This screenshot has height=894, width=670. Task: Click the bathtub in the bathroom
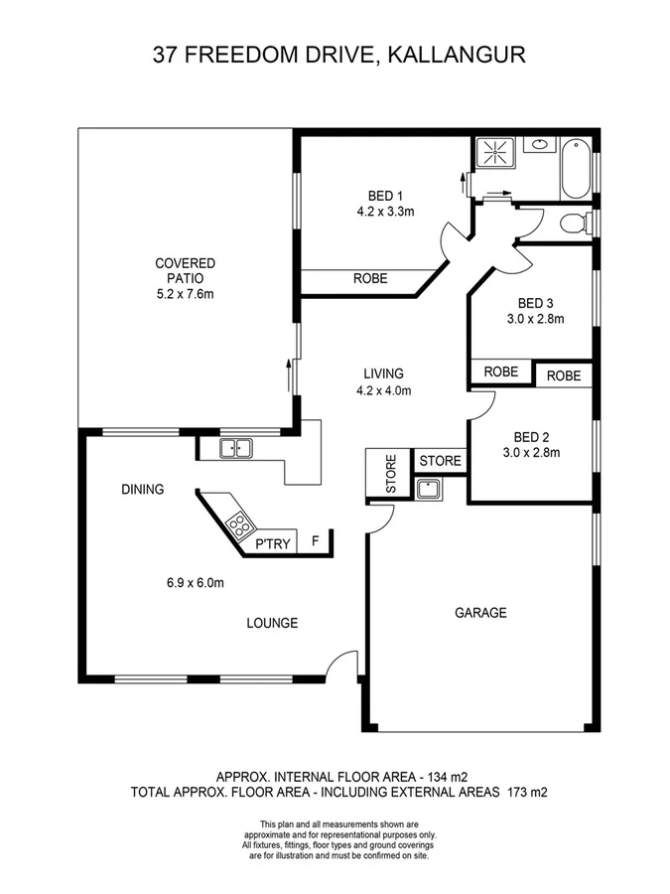[575, 171]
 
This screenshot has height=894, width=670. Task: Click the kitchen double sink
[236, 449]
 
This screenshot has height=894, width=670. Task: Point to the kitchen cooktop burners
[237, 521]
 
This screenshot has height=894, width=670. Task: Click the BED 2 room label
[532, 437]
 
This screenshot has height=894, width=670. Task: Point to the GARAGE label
[480, 613]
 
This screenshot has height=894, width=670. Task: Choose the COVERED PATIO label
[185, 270]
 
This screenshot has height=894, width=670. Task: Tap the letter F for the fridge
[316, 541]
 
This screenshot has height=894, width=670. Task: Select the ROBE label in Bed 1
[370, 279]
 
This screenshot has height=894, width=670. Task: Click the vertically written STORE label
[391, 475]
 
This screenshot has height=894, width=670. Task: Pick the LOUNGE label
[273, 623]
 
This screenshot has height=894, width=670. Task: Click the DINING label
[143, 489]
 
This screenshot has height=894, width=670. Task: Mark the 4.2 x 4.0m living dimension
[383, 390]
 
